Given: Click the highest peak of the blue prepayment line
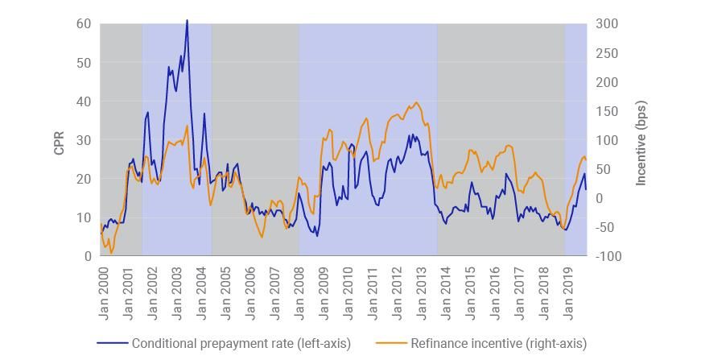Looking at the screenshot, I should pyautogui.click(x=187, y=21).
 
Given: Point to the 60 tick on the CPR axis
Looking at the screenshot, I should pyautogui.click(x=84, y=24).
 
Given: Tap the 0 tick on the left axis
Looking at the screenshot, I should pyautogui.click(x=87, y=256).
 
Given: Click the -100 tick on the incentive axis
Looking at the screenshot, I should pyautogui.click(x=608, y=256).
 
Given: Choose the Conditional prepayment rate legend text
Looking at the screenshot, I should pyautogui.click(x=241, y=343).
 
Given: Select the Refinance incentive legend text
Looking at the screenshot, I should pyautogui.click(x=498, y=343).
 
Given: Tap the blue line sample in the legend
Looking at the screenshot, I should pyautogui.click(x=113, y=343).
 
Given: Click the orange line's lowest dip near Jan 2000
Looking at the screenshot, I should pyautogui.click(x=111, y=253).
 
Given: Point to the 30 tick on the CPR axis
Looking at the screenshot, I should pyautogui.click(x=84, y=140).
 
